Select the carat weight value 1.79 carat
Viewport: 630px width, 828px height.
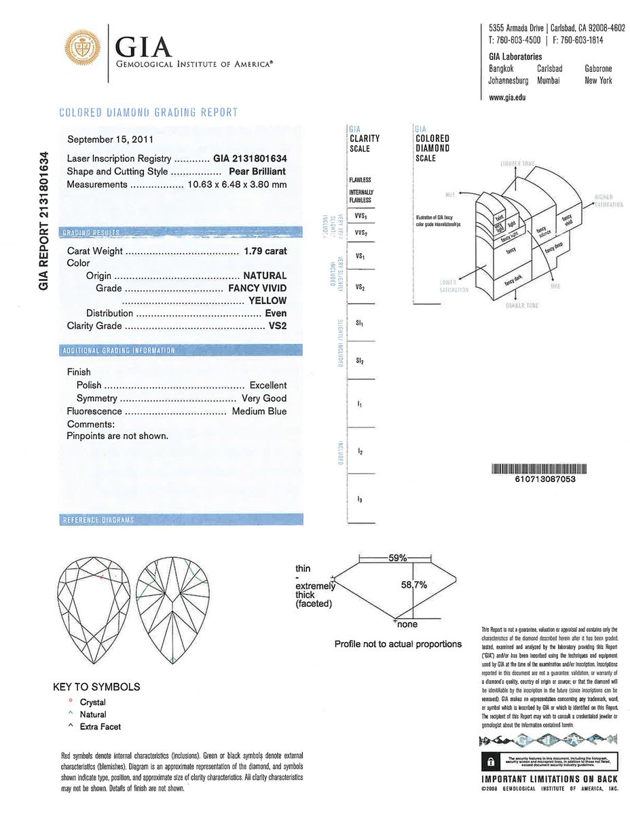[265, 251]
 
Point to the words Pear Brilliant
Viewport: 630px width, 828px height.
[257, 171]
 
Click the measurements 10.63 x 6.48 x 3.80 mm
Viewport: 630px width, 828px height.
[237, 184]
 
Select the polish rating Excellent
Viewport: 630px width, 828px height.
[267, 385]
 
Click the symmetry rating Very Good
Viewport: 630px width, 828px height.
[264, 398]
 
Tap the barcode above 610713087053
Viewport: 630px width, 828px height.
[538, 468]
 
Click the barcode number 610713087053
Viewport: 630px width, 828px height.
[538, 478]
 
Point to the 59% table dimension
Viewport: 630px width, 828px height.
[397, 558]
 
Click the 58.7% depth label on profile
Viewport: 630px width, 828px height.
[413, 584]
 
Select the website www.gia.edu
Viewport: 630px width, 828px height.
[507, 97]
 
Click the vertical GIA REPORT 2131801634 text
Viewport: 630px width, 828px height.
[45, 221]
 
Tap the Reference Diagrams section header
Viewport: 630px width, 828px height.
[98, 520]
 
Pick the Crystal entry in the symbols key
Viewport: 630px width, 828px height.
[92, 702]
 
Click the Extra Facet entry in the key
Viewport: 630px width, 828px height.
[100, 727]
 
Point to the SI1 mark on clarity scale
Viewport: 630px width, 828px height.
[359, 324]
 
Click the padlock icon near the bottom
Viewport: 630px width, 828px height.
[488, 760]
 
